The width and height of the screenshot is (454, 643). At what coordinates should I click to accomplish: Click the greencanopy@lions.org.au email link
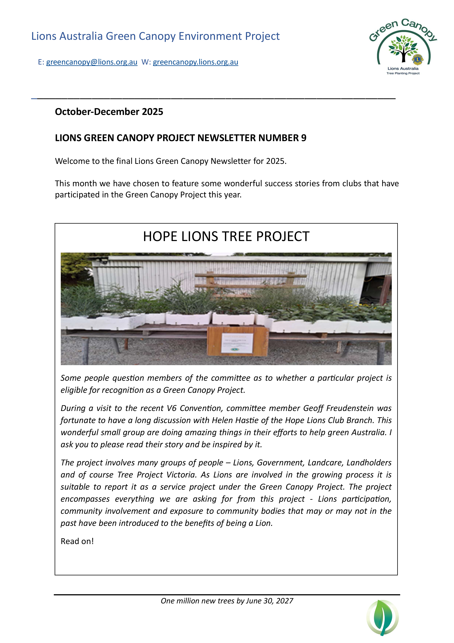92,62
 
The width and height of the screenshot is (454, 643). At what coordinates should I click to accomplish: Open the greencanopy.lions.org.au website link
195,62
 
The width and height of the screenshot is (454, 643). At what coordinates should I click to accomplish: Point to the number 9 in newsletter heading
304,138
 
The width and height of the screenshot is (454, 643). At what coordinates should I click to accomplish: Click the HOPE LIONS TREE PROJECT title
226,236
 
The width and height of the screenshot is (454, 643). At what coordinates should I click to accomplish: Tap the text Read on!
77,541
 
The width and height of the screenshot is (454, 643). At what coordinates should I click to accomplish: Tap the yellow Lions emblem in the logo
417,59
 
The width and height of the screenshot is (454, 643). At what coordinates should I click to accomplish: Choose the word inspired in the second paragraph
231,444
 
